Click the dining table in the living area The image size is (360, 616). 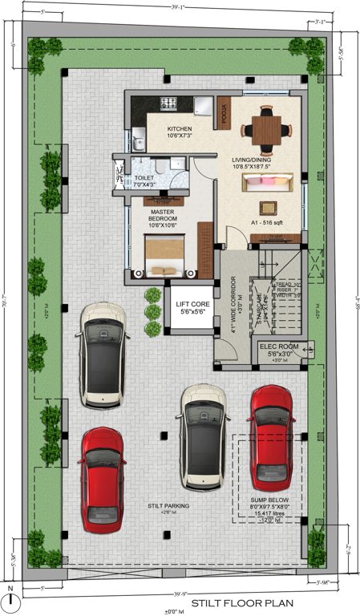263,128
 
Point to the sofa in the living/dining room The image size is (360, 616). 263,184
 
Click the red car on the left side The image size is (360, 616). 102,480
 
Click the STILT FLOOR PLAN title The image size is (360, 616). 242,602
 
